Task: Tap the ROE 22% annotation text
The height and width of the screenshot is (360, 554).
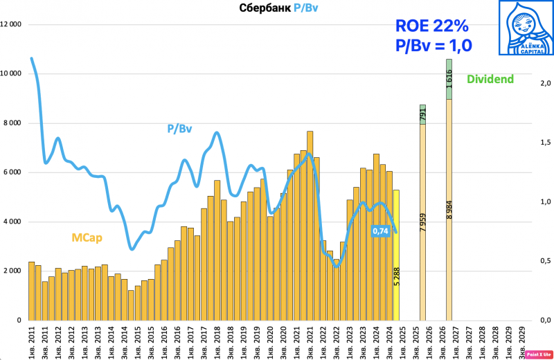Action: point(431,26)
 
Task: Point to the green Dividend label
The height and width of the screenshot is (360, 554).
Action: point(490,79)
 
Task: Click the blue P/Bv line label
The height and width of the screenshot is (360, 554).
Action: point(179,129)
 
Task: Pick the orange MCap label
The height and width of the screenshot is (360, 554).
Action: point(87,238)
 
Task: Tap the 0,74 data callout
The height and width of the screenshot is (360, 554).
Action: point(379,231)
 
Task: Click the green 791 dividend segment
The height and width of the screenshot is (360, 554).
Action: point(423,115)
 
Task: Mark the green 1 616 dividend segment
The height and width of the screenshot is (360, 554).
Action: point(449,81)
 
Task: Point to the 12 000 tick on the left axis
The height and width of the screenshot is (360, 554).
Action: point(11,25)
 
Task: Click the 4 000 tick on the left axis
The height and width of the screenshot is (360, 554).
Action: point(13,222)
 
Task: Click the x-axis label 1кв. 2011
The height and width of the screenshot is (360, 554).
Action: point(32,341)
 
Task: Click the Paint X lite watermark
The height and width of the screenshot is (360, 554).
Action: point(538,353)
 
